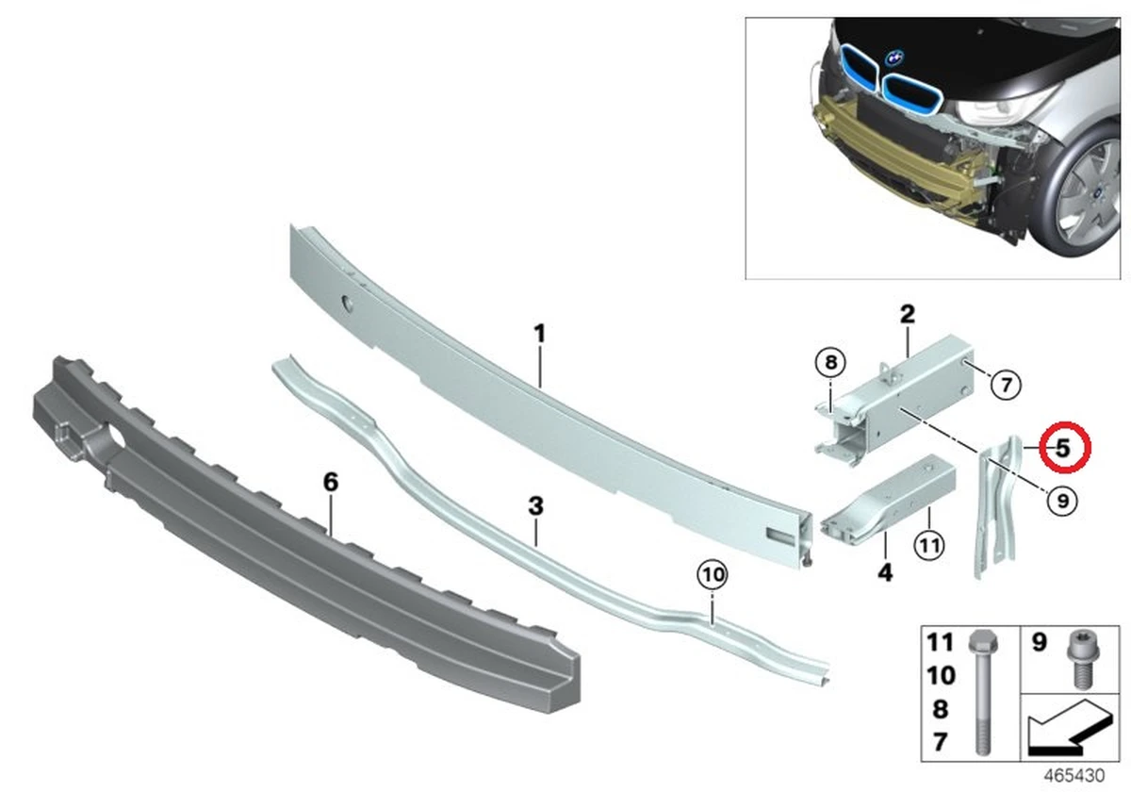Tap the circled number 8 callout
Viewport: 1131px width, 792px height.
coord(830,362)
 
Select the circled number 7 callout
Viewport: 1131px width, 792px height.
coord(1006,386)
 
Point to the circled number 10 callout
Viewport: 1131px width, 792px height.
coord(713,574)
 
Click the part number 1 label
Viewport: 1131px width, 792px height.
coord(540,334)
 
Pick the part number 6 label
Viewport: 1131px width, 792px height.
coord(331,483)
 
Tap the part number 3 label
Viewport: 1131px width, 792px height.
coord(535,506)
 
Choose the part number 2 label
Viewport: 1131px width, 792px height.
coord(908,314)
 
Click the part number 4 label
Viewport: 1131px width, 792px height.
coord(885,573)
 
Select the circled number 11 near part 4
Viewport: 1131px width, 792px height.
coord(929,546)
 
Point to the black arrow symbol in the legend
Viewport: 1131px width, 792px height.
coord(1070,727)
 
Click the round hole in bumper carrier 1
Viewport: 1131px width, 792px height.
coord(349,304)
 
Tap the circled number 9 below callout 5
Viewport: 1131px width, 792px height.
coord(1063,501)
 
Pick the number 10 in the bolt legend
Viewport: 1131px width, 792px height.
coord(942,675)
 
